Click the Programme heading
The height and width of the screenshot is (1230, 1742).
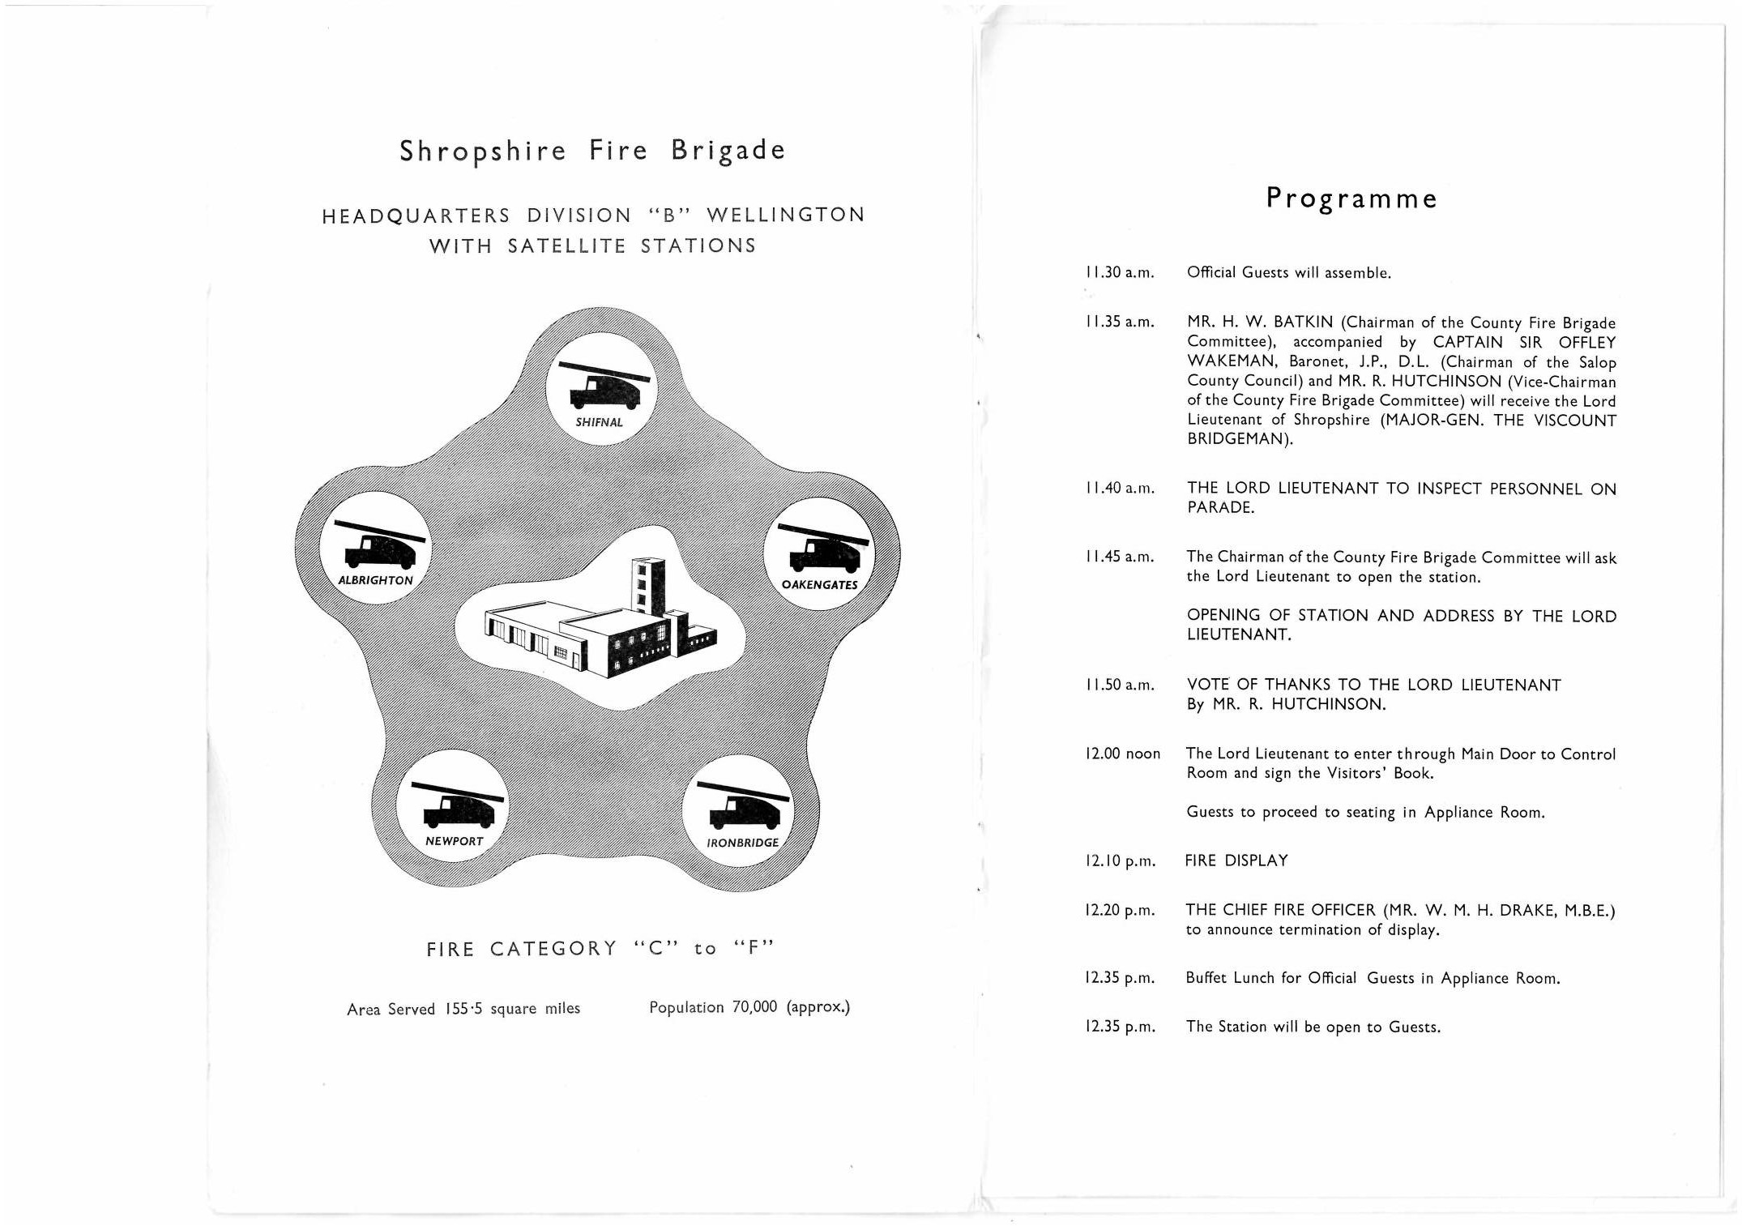point(1351,199)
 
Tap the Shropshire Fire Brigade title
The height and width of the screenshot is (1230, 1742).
point(592,152)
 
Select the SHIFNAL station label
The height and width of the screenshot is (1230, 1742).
point(599,422)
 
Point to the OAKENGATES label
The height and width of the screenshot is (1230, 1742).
point(819,585)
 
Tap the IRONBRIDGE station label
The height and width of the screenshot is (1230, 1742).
point(742,843)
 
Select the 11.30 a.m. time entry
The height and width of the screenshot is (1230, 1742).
point(1119,273)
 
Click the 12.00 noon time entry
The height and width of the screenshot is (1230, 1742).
point(1122,754)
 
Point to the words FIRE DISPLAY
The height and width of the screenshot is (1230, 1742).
point(1236,861)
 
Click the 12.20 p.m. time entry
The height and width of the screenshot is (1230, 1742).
point(1120,911)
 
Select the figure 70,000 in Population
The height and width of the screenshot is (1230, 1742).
point(754,1007)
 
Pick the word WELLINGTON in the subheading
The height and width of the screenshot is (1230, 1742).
point(786,216)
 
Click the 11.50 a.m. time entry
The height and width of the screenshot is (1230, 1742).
point(1119,685)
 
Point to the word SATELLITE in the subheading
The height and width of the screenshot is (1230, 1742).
point(566,246)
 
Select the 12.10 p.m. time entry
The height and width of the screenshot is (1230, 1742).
point(1120,861)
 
